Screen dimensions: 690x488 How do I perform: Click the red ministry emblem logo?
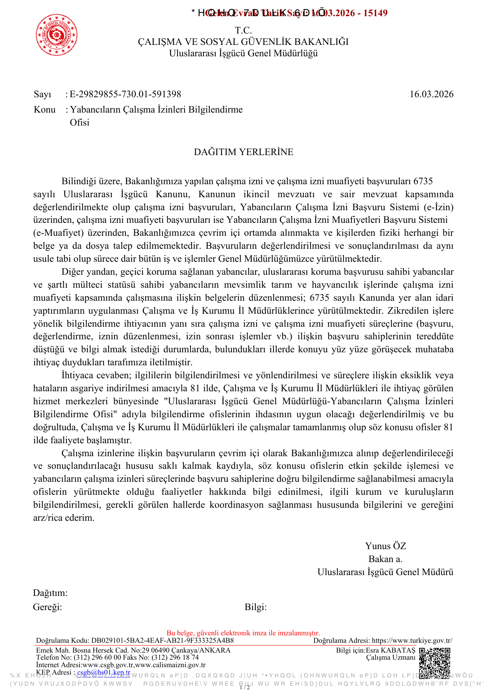point(57,35)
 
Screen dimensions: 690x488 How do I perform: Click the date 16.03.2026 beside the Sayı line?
point(431,94)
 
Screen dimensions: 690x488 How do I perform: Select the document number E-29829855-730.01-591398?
point(126,94)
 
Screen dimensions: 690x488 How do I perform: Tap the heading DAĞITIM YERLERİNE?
point(244,152)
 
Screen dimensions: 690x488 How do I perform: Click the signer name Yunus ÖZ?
point(385,546)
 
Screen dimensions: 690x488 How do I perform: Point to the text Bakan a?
point(385,559)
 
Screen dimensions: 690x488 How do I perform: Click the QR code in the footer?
point(434,663)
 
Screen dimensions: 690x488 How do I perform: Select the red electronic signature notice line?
point(243,633)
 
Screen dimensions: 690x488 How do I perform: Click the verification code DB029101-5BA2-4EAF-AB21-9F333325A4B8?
point(163,640)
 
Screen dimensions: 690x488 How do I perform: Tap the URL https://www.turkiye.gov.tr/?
point(412,640)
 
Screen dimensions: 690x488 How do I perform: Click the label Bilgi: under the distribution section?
point(255,607)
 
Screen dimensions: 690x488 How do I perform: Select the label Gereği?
point(48,607)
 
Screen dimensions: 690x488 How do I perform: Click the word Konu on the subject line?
point(44,109)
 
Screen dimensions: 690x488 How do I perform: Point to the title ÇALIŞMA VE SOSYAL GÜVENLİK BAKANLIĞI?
point(243,42)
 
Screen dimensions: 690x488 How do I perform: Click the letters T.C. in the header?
point(243,30)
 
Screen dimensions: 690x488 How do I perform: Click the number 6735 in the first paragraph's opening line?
point(423,181)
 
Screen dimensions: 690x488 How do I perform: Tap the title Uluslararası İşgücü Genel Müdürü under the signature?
point(385,572)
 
